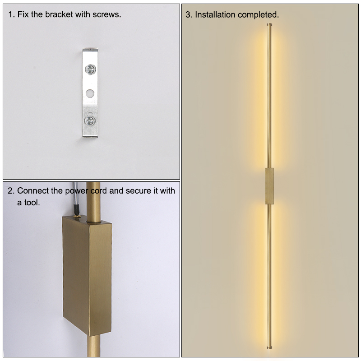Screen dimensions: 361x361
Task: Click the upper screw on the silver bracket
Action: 90,69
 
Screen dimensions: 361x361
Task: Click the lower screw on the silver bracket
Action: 89,120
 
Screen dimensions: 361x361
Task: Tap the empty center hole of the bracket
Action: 90,93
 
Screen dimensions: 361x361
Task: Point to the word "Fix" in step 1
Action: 23,14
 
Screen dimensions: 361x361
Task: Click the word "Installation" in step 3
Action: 215,15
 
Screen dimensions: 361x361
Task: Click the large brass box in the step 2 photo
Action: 87,276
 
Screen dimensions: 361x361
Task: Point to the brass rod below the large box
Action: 93,346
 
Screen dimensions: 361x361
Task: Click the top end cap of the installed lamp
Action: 269,24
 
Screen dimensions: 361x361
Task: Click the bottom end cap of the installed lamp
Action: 269,347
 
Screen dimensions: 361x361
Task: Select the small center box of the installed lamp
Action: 269,186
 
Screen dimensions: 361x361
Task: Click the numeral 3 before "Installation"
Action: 188,15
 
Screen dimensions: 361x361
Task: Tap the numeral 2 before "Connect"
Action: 10,191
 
